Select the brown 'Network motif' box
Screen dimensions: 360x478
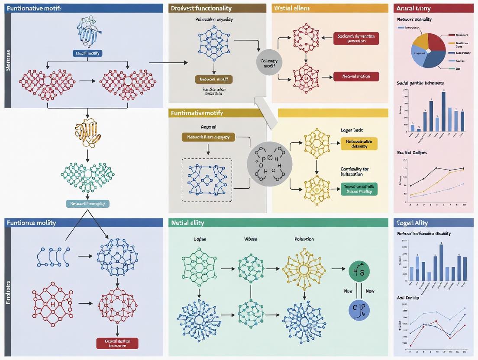click(213, 79)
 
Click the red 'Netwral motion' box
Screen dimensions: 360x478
click(356, 76)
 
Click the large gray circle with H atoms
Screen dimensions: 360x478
click(269, 164)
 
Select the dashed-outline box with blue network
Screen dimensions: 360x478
click(207, 180)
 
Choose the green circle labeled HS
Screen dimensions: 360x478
click(359, 271)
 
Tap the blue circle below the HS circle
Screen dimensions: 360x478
click(359, 310)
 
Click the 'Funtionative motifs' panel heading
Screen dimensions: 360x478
click(34, 8)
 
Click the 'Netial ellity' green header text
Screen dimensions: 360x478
click(187, 223)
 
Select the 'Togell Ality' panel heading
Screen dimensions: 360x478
click(412, 223)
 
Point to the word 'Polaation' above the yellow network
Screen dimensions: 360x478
click(304, 239)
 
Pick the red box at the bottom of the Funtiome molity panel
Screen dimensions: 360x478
click(117, 343)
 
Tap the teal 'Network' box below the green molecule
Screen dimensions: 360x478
click(87, 203)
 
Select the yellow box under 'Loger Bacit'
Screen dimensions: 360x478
click(359, 144)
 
